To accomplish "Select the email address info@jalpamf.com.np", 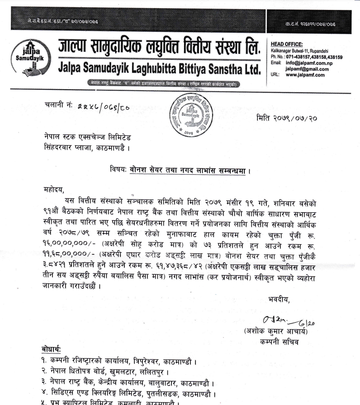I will point(308,63).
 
